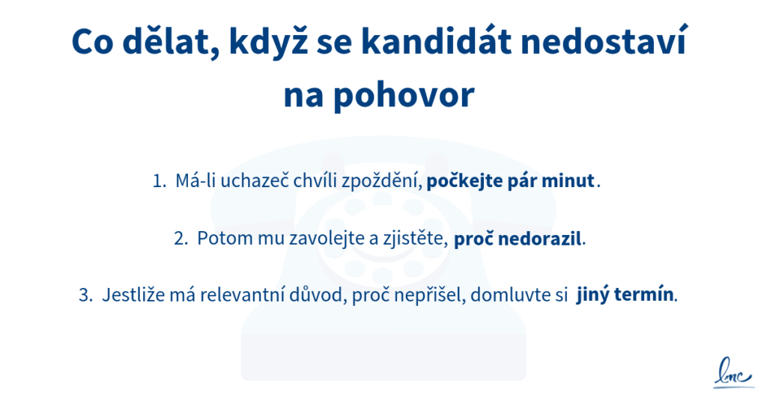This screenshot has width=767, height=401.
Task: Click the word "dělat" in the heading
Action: point(169,43)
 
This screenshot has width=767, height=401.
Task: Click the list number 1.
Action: point(158,181)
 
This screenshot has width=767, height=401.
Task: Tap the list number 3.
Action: point(84,295)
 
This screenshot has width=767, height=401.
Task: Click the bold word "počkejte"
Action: point(461,181)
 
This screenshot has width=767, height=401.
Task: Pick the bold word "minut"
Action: point(572,181)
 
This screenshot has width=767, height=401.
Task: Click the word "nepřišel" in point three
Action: point(434,295)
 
